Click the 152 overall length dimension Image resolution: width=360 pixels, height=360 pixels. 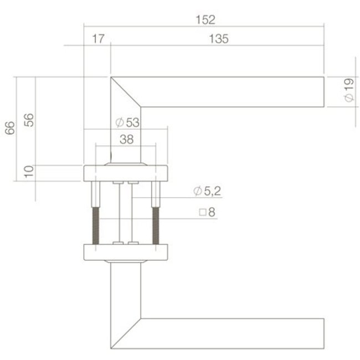click(205, 20)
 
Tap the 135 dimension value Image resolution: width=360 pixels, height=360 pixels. click(219, 39)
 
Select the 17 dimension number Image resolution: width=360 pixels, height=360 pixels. click(98, 39)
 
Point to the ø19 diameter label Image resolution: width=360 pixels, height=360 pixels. click(349, 90)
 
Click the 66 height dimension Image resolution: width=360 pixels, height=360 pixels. click(10, 128)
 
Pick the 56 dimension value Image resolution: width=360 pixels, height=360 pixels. click(29, 120)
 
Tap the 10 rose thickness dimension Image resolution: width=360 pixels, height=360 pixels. click(29, 172)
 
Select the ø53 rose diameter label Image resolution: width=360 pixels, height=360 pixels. click(127, 122)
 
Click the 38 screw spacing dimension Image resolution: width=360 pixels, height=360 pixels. click(126, 140)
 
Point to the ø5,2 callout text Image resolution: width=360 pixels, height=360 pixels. click(207, 191)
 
